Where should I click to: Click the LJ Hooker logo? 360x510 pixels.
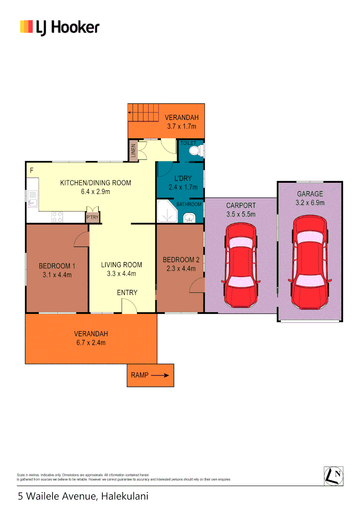[59, 27]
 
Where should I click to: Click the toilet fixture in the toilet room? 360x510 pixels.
[194, 150]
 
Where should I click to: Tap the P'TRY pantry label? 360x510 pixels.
[91, 218]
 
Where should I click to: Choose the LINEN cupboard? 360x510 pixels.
[134, 151]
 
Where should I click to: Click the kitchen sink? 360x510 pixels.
[32, 199]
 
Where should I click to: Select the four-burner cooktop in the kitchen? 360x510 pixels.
[58, 217]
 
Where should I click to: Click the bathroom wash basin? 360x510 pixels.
[189, 218]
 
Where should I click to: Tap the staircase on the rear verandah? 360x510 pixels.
[143, 113]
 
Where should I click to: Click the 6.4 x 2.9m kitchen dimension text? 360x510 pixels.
[95, 192]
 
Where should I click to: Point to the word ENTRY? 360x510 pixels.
[127, 293]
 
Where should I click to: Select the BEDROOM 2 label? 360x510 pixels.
[181, 260]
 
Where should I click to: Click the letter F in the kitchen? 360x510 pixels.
[32, 170]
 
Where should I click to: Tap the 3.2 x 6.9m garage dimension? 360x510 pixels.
[310, 203]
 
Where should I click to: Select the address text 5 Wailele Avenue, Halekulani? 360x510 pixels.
[83, 496]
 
